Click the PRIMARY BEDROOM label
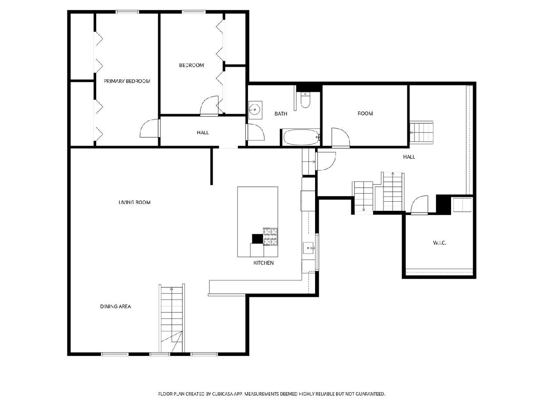[x=126, y=81]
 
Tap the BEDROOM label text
[x=191, y=65]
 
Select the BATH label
[x=281, y=114]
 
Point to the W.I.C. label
[x=440, y=243]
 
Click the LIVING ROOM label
[x=134, y=202]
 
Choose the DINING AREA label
[x=116, y=306]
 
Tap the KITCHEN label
[x=263, y=263]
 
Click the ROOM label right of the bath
[x=365, y=113]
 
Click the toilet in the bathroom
[x=305, y=100]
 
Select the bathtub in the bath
[x=301, y=137]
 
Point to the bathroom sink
[x=255, y=110]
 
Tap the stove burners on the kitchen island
[x=270, y=237]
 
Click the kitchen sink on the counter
[x=309, y=248]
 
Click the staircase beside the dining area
[x=172, y=318]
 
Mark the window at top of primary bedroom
[x=128, y=12]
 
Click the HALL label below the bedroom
[x=203, y=133]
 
